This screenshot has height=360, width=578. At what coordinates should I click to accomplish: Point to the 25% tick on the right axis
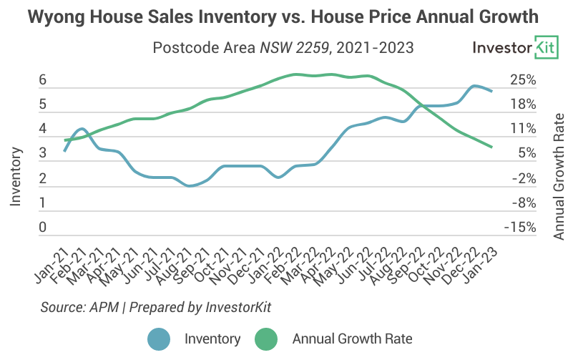click(x=522, y=80)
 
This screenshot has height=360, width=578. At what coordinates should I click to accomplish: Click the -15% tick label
click(x=520, y=228)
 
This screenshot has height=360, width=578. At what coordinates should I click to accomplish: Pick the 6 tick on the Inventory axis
click(x=43, y=80)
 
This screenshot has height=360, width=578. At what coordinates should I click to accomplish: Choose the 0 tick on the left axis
click(x=43, y=228)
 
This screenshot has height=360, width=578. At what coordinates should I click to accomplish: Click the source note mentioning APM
click(x=157, y=306)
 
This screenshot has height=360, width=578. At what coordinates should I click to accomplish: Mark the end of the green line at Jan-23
click(x=491, y=147)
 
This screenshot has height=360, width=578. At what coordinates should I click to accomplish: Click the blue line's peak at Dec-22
click(x=474, y=86)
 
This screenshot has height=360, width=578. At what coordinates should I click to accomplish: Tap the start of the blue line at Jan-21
click(x=64, y=151)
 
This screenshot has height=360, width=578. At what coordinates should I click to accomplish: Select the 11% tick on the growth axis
click(x=522, y=130)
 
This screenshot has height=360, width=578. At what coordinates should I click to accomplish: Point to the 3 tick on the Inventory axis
click(x=43, y=154)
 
